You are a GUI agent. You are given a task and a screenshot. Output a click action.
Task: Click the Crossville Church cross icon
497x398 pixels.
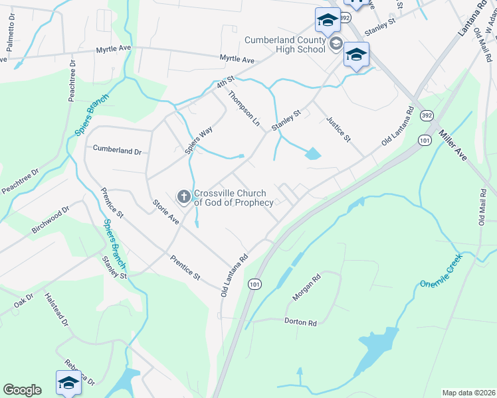pyautogui.click(x=183, y=196)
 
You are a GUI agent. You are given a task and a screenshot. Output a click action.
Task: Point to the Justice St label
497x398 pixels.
pyautogui.click(x=338, y=129)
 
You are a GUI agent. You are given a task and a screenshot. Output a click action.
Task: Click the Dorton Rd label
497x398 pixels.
pyautogui.click(x=302, y=322)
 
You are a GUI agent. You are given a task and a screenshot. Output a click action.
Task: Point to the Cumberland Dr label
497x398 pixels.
pyautogui.click(x=118, y=150)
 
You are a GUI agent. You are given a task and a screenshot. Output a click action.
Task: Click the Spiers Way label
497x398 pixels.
pyautogui.click(x=198, y=140)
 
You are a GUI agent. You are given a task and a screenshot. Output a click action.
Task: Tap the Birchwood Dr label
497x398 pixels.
pyautogui.click(x=50, y=221)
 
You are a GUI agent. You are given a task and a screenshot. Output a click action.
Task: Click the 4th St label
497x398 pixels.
pyautogui.click(x=226, y=84)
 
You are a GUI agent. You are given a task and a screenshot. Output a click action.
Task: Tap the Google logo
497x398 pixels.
pyautogui.click(x=22, y=390)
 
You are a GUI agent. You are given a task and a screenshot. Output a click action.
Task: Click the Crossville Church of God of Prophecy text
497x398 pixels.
pyautogui.click(x=233, y=198)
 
